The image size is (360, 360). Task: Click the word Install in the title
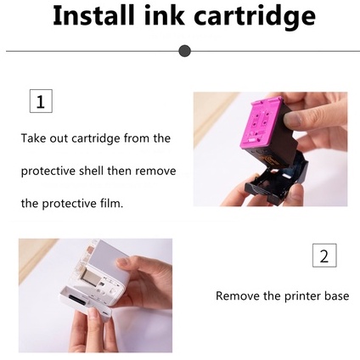coord(93,15)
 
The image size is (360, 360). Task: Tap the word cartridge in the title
coord(255,17)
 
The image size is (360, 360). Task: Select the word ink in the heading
coord(164,15)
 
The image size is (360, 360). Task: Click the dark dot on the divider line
coord(185,51)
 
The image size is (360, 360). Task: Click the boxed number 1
coord(41,101)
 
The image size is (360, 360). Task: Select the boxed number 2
coord(324,256)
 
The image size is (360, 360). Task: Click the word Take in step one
coord(33,138)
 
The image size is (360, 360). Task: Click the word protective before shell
coord(48,172)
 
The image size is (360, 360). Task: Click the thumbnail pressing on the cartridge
coord(290,119)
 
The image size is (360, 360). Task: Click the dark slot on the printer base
coord(76,300)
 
